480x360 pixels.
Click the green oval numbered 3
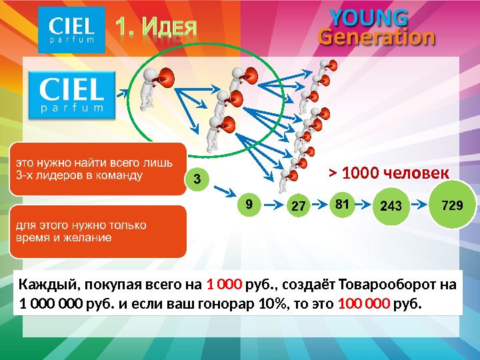point(196,179)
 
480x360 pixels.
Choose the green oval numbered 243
point(391,206)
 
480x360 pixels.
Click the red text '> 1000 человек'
point(389,174)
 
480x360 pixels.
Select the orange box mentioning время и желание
point(97,231)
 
